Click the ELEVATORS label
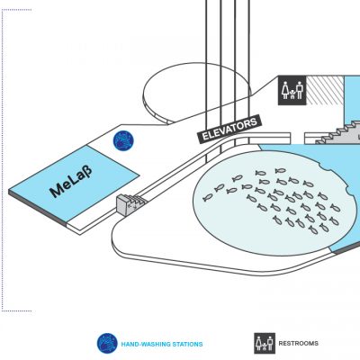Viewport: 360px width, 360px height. (229, 129)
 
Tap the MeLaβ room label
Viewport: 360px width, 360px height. (71, 182)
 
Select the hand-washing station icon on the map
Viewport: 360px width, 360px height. (123, 141)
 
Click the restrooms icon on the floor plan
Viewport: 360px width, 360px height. (292, 90)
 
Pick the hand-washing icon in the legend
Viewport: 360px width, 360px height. (107, 343)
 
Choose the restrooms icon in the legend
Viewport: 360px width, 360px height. (265, 343)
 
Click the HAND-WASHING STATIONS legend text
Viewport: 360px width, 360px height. (162, 344)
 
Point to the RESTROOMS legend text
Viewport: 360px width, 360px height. (299, 343)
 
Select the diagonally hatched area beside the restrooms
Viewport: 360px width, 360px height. (325, 90)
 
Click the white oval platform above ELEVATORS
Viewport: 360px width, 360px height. (196, 92)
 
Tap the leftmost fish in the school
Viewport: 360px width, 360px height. (208, 197)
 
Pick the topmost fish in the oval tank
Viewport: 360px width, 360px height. (281, 171)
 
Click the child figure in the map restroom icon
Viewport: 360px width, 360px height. (292, 94)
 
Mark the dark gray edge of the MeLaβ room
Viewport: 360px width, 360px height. (38, 208)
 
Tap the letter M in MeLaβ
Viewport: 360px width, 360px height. (57, 191)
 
